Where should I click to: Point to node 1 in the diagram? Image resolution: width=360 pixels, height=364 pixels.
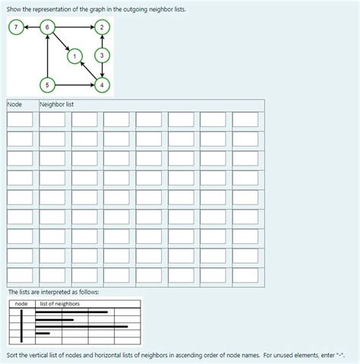[x=74, y=55]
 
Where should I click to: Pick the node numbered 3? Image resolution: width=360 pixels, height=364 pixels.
[x=103, y=55]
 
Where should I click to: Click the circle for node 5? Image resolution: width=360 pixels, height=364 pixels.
[x=48, y=84]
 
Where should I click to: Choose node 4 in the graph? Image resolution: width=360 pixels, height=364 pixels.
[x=103, y=84]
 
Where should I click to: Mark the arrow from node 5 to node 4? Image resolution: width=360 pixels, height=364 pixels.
[x=75, y=84]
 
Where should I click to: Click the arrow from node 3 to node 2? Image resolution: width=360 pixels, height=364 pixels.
[x=103, y=41]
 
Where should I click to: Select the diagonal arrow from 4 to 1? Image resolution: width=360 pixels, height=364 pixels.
[x=88, y=69]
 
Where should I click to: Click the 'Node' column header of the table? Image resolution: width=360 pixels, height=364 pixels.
[x=14, y=104]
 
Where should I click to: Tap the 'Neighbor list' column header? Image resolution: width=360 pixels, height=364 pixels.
[x=57, y=104]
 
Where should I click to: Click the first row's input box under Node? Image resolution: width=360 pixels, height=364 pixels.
[x=21, y=120]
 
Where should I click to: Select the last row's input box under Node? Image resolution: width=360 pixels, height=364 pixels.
[x=21, y=274]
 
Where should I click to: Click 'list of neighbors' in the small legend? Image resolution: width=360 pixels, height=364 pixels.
[x=60, y=304]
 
